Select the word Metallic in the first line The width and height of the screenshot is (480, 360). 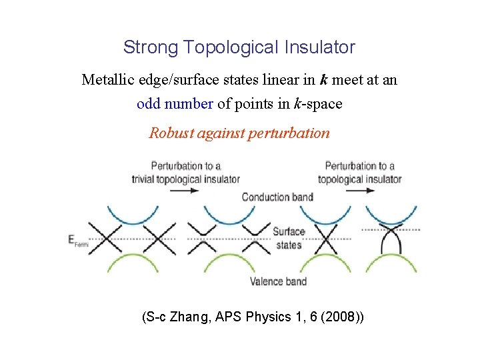[x=109, y=81]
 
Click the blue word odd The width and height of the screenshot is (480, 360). [x=148, y=104]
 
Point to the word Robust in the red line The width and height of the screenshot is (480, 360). [x=172, y=133]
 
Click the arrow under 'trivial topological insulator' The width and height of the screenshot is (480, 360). [x=184, y=190]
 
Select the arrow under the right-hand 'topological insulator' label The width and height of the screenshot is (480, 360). [x=360, y=190]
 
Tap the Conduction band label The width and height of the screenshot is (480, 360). [x=277, y=197]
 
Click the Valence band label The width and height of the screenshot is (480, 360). [x=278, y=281]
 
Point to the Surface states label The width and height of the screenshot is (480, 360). [x=288, y=238]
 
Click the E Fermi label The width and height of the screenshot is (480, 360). [x=78, y=241]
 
